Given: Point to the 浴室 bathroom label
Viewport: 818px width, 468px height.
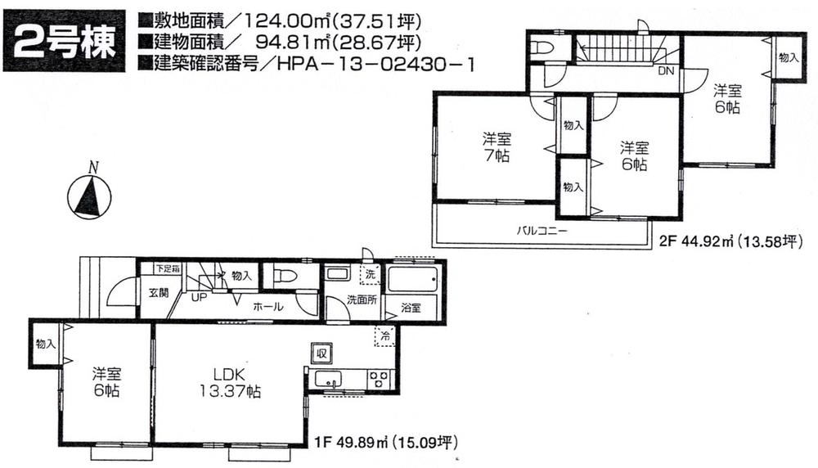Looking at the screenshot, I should point(411,308).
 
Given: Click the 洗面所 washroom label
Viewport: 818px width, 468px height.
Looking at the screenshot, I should point(361,299).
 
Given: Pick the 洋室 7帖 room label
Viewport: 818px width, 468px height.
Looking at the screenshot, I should point(495,147).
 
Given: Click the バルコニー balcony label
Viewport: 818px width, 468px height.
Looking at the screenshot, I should point(541,231).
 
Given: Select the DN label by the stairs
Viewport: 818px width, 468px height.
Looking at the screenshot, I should point(667,71).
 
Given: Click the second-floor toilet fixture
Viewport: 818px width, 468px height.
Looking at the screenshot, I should point(540,48).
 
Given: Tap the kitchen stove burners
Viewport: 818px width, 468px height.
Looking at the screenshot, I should point(379,379).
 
